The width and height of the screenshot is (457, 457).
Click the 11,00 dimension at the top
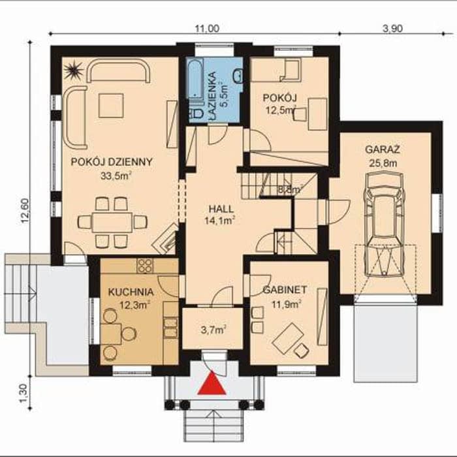point(207,29)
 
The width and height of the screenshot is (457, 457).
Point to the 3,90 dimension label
point(392,29)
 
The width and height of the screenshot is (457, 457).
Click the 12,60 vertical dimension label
point(25,210)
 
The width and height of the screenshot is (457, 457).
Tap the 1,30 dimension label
point(24,394)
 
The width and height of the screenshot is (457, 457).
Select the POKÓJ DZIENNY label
point(112,162)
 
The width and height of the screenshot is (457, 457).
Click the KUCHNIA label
point(131,292)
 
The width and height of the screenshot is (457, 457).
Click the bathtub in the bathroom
point(195,78)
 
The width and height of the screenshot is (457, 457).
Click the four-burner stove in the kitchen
point(145,266)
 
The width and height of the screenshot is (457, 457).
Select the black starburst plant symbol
point(73,70)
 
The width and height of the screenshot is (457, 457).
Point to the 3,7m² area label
point(214,330)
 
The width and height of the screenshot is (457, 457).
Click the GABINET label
point(285,290)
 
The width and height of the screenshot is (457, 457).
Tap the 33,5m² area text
point(116,176)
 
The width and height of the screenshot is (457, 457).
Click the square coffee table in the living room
point(111,106)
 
